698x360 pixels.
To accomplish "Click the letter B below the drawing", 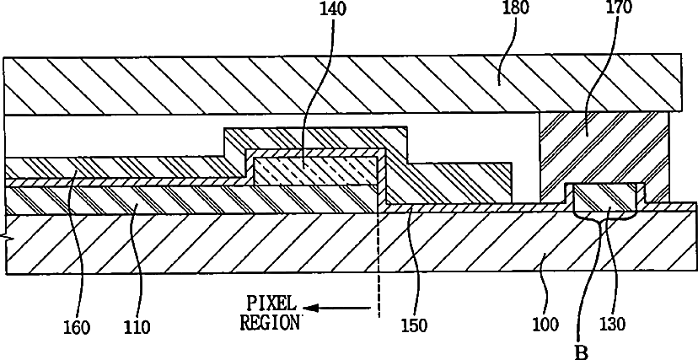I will point(581,349).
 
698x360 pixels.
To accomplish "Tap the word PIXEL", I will point(269,304).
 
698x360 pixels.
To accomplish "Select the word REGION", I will point(269,323).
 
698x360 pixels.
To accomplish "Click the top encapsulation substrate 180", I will point(337,84).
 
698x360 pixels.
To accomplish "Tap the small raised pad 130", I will point(604,199).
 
